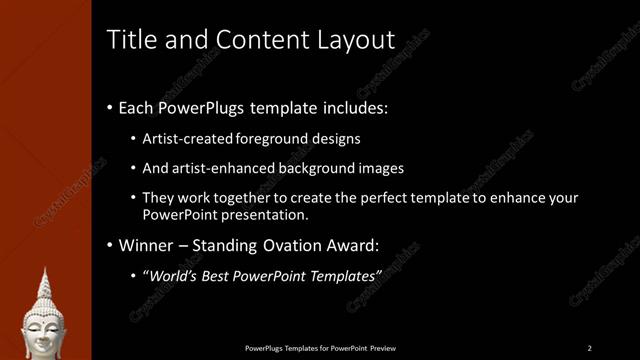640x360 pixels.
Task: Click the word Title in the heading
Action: (x=130, y=40)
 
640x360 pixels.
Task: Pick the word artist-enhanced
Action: (x=223, y=168)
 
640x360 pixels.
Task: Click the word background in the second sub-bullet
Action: (x=323, y=168)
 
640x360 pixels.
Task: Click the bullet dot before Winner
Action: (x=108, y=245)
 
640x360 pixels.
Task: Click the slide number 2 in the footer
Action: (x=589, y=348)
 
